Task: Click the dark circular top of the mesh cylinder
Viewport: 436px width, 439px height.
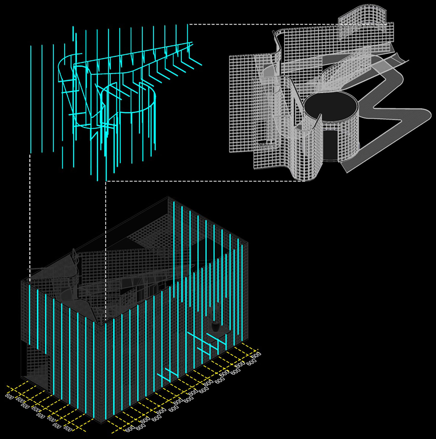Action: tap(331, 108)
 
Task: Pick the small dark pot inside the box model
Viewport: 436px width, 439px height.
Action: tap(215, 327)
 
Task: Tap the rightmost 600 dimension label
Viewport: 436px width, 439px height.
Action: tap(257, 355)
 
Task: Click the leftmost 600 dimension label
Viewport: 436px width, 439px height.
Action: tap(9, 396)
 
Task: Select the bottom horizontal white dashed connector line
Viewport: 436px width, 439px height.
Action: tap(205, 181)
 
